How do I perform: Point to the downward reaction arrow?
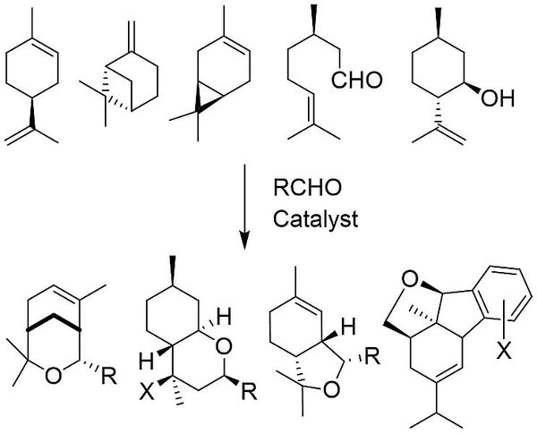point(243,205)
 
